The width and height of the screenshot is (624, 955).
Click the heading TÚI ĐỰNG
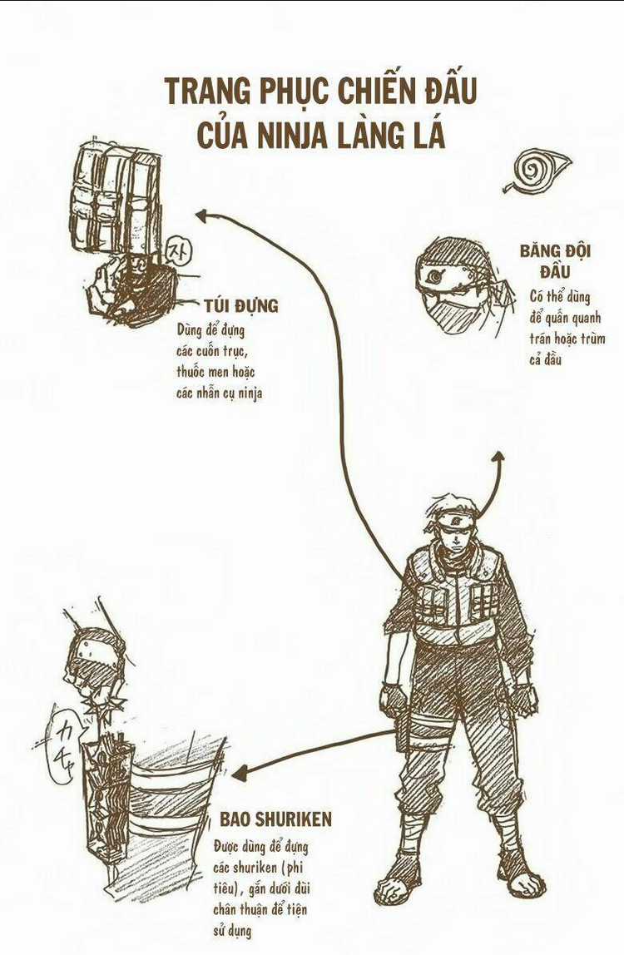pyautogui.click(x=241, y=305)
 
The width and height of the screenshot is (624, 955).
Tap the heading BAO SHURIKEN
pyautogui.click(x=276, y=819)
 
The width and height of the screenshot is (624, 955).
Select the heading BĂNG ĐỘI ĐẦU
pyautogui.click(x=555, y=260)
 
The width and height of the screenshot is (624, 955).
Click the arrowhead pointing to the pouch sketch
pyautogui.click(x=203, y=215)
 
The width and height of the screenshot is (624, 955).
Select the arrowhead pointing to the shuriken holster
pyautogui.click(x=240, y=773)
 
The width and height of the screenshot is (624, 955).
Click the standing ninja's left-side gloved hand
pyautogui.click(x=392, y=699)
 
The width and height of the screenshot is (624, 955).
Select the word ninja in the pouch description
pyautogui.click(x=250, y=393)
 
